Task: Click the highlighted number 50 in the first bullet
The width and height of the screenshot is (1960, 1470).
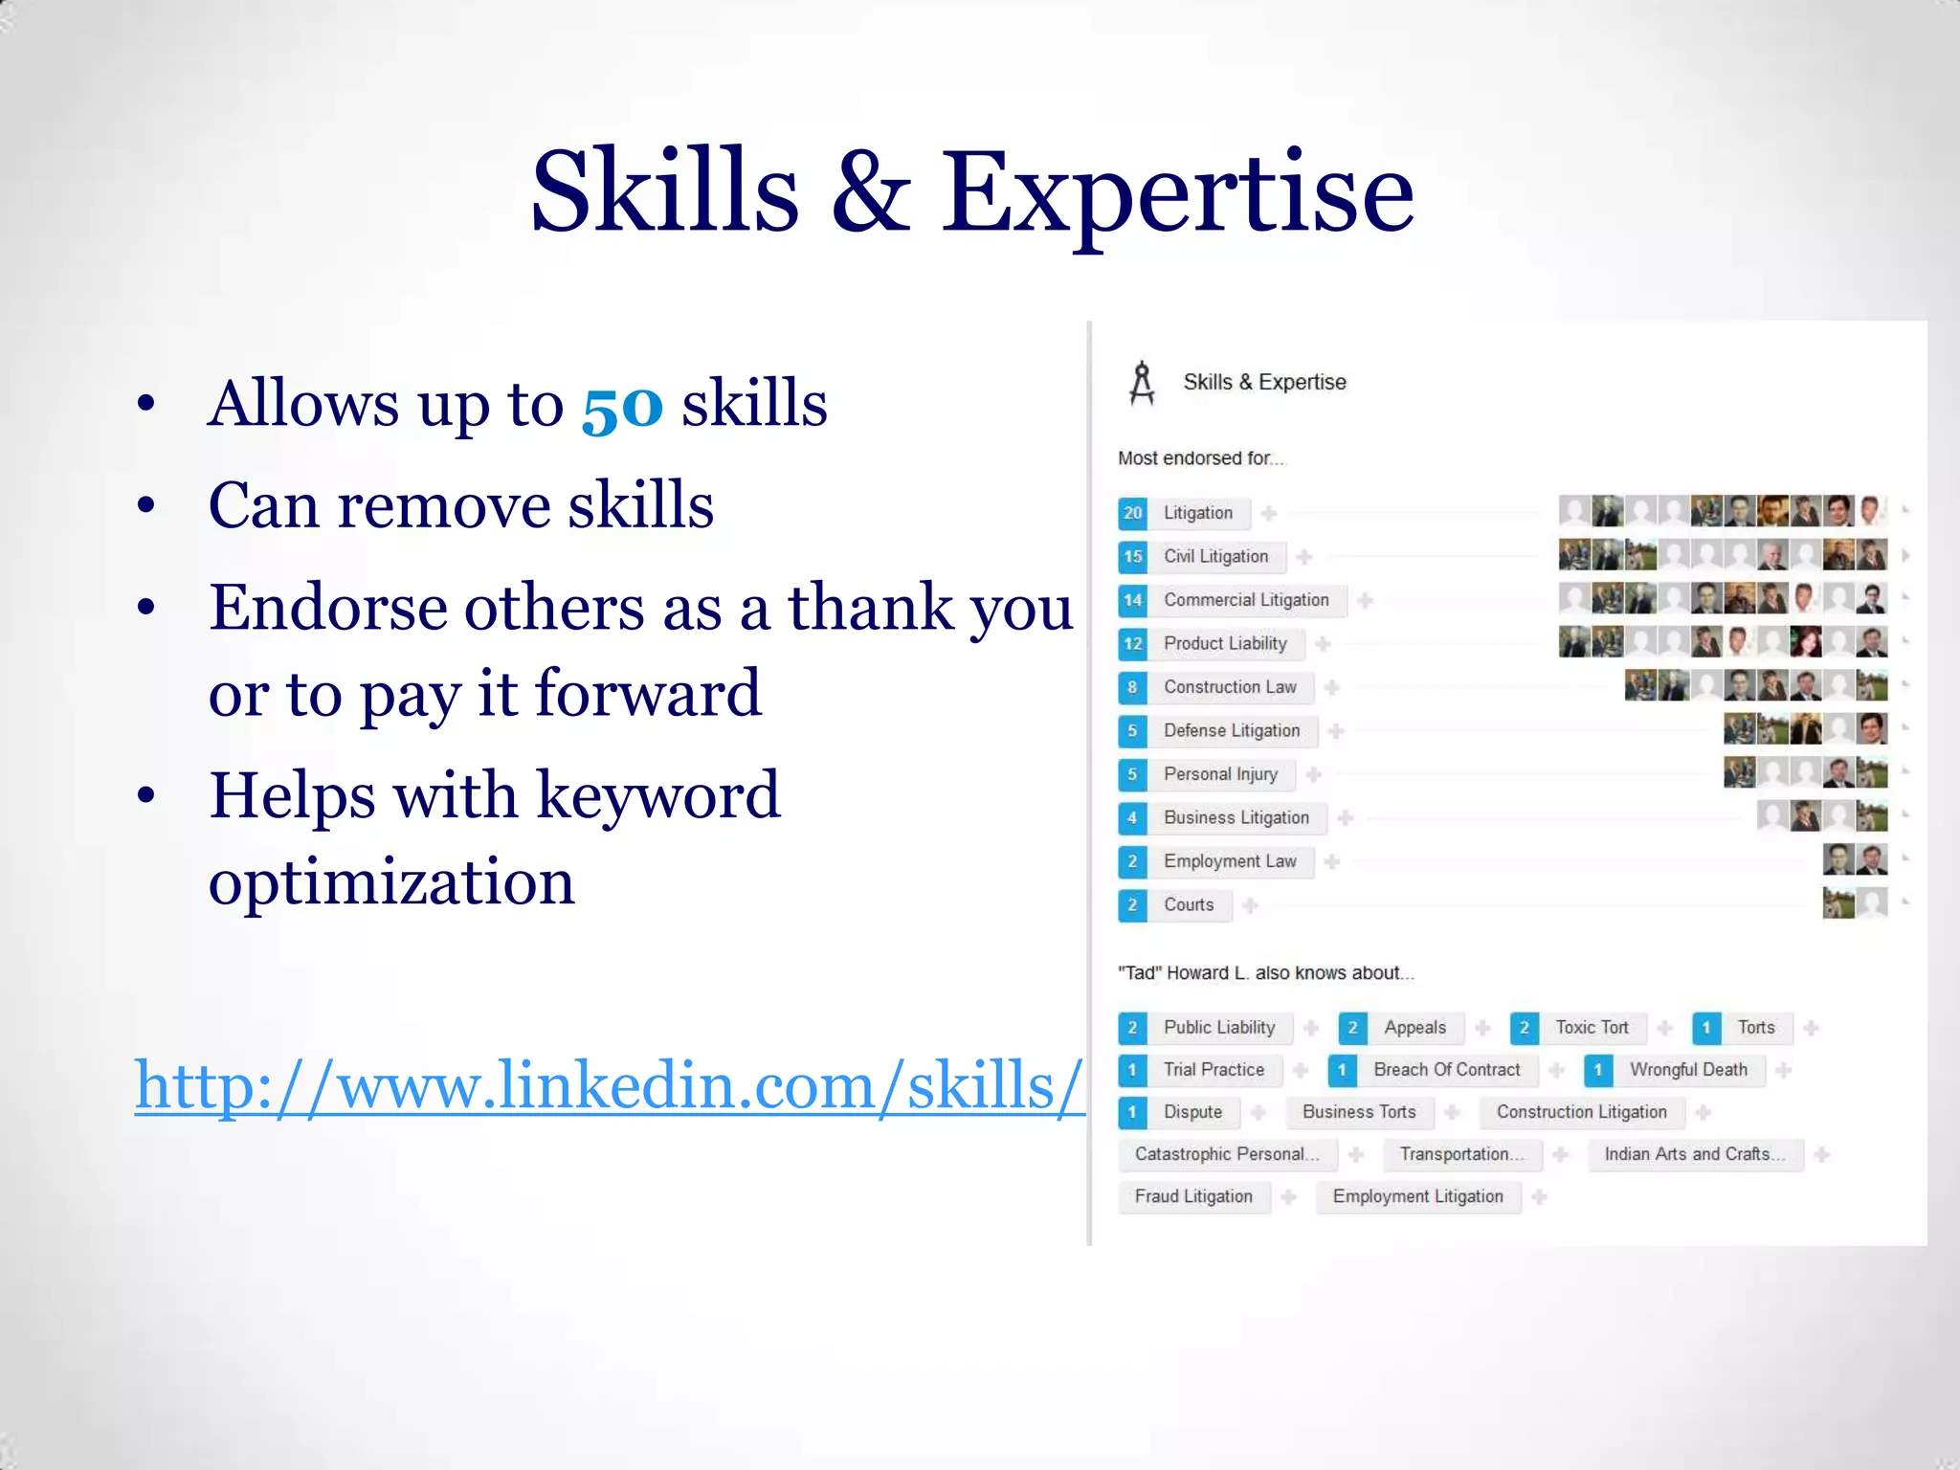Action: tap(622, 406)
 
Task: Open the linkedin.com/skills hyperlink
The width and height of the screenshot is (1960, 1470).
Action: tap(609, 1086)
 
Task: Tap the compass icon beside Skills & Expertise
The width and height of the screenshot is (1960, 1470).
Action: tap(1141, 383)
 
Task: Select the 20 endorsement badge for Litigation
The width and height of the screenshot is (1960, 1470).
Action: tap(1132, 513)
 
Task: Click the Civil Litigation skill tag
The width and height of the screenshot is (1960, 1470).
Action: tap(1215, 557)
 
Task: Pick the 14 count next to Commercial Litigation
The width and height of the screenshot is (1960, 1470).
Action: tap(1132, 600)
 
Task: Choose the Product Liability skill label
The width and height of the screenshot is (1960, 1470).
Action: tap(1225, 644)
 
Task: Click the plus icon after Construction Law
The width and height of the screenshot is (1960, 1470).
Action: tap(1331, 687)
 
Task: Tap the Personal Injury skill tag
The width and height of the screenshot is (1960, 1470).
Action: tap(1220, 774)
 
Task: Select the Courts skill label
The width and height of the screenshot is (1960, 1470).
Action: tap(1189, 905)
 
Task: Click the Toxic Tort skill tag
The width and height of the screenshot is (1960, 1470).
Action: tap(1592, 1028)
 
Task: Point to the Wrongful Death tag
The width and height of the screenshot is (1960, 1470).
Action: tap(1688, 1070)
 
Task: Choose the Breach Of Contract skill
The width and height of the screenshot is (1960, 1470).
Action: tap(1446, 1070)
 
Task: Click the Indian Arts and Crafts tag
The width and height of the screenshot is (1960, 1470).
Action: tap(1694, 1154)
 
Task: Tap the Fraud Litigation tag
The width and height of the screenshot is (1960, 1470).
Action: tap(1193, 1196)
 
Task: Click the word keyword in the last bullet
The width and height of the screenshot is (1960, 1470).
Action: tap(657, 796)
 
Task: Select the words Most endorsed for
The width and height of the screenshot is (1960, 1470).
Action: tap(1199, 458)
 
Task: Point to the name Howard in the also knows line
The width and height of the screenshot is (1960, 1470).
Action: tap(1197, 973)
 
